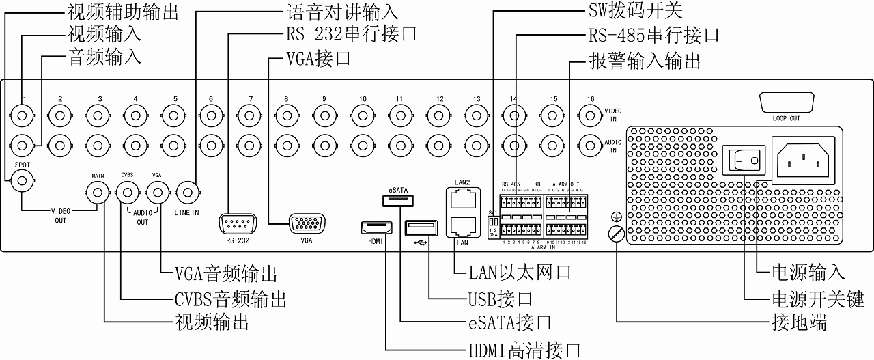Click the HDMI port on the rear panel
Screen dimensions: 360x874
click(x=375, y=227)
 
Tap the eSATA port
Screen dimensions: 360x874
click(x=397, y=201)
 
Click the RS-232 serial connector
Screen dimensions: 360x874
click(x=237, y=224)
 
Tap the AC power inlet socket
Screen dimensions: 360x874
click(x=803, y=159)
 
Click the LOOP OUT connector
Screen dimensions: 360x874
click(x=786, y=103)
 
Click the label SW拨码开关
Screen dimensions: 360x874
click(x=634, y=12)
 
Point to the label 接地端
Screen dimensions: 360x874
click(x=798, y=322)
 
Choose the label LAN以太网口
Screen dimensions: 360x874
click(x=519, y=273)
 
